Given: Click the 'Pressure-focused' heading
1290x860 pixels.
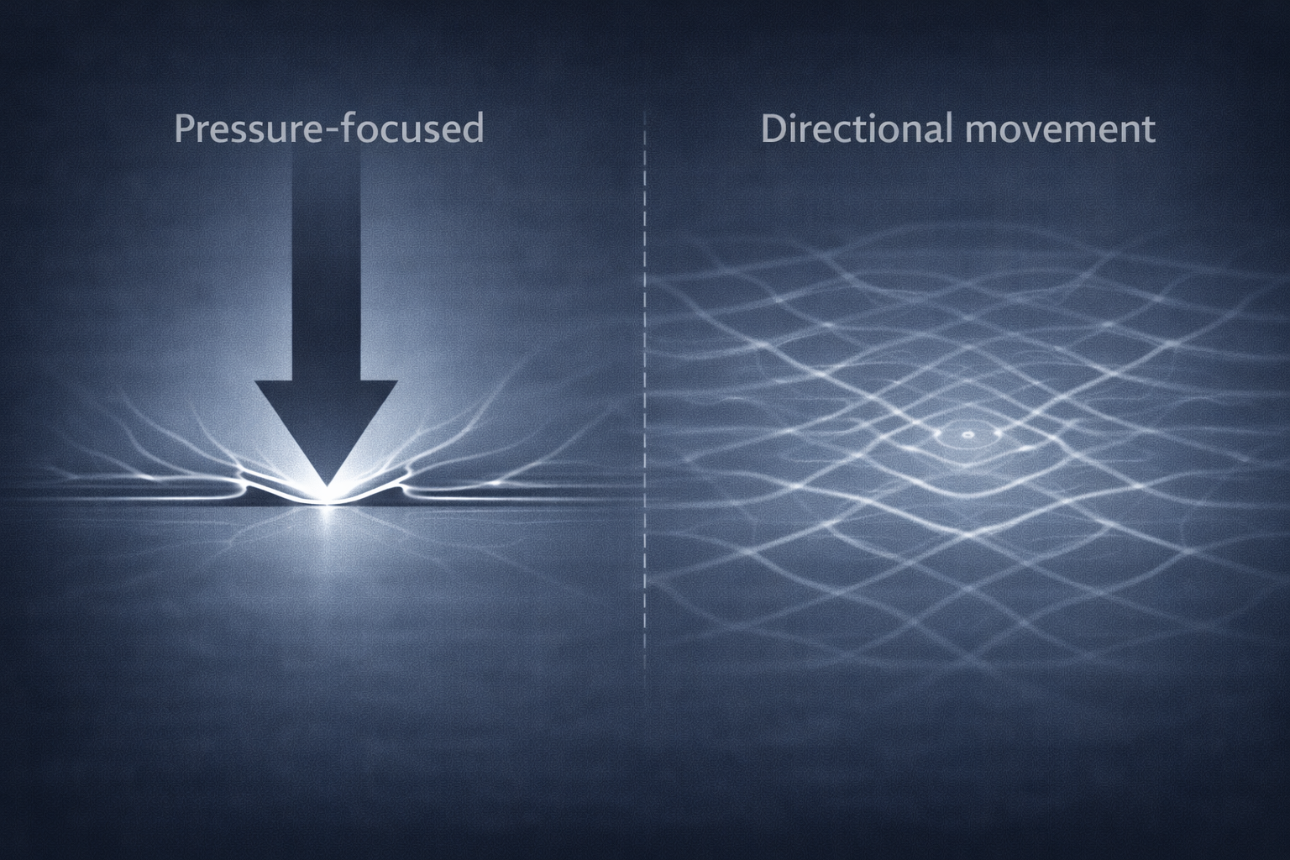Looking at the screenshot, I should pyautogui.click(x=328, y=129).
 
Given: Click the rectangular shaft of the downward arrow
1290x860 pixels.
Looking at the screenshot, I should pyautogui.click(x=326, y=269).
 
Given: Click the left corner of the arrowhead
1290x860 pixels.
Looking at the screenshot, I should pyautogui.click(x=257, y=383).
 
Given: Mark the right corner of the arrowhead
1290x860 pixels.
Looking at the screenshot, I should pyautogui.click(x=396, y=383).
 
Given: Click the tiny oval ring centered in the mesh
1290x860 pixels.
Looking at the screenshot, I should pyautogui.click(x=967, y=435).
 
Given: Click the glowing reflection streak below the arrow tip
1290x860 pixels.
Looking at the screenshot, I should pyautogui.click(x=326, y=537).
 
